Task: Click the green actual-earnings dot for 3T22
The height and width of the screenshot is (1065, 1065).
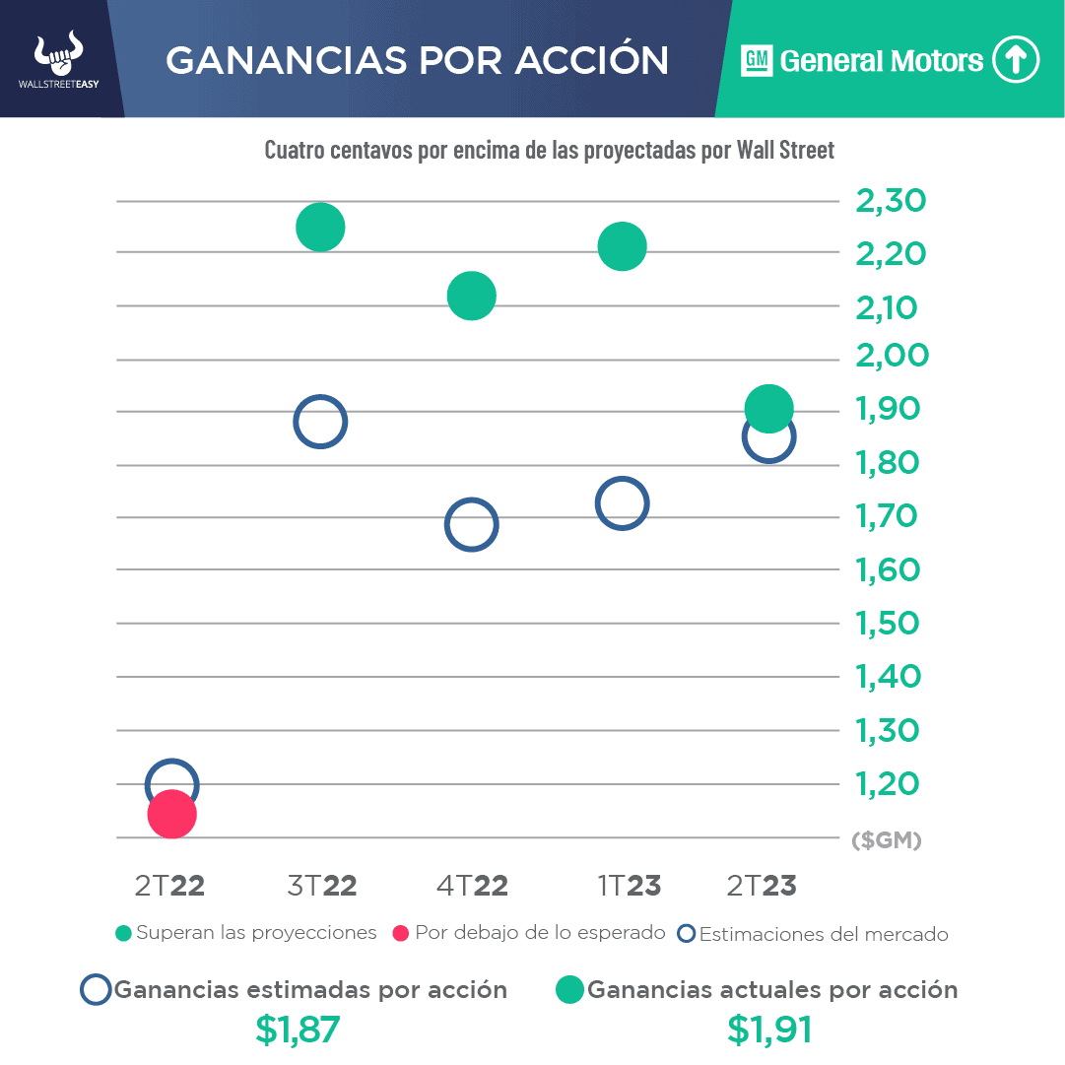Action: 320,228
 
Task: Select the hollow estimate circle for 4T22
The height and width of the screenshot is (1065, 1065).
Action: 471,525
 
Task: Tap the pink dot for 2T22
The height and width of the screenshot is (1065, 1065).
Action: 172,814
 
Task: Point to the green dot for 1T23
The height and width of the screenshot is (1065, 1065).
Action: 622,246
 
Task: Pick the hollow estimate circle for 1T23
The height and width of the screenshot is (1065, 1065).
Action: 621,504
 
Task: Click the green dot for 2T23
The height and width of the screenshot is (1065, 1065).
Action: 769,408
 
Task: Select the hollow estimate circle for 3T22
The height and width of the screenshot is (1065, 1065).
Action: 320,422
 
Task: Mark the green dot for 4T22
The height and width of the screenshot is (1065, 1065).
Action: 471,296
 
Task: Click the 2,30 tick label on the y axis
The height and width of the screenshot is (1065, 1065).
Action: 891,202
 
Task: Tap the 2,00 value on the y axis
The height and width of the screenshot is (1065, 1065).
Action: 891,356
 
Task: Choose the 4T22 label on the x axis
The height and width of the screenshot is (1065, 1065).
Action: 472,886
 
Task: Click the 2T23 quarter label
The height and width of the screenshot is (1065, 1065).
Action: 761,886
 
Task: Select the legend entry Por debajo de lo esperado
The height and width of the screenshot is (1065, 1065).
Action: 529,933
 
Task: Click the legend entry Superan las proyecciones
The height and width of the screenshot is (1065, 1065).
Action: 246,933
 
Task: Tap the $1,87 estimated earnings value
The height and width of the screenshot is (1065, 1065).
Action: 298,1030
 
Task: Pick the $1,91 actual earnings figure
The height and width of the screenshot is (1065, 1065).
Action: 770,1030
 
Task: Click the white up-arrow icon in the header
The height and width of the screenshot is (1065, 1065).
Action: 1016,60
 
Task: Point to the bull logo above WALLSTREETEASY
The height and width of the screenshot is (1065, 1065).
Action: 59,55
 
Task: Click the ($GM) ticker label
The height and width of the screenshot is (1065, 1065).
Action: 886,841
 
